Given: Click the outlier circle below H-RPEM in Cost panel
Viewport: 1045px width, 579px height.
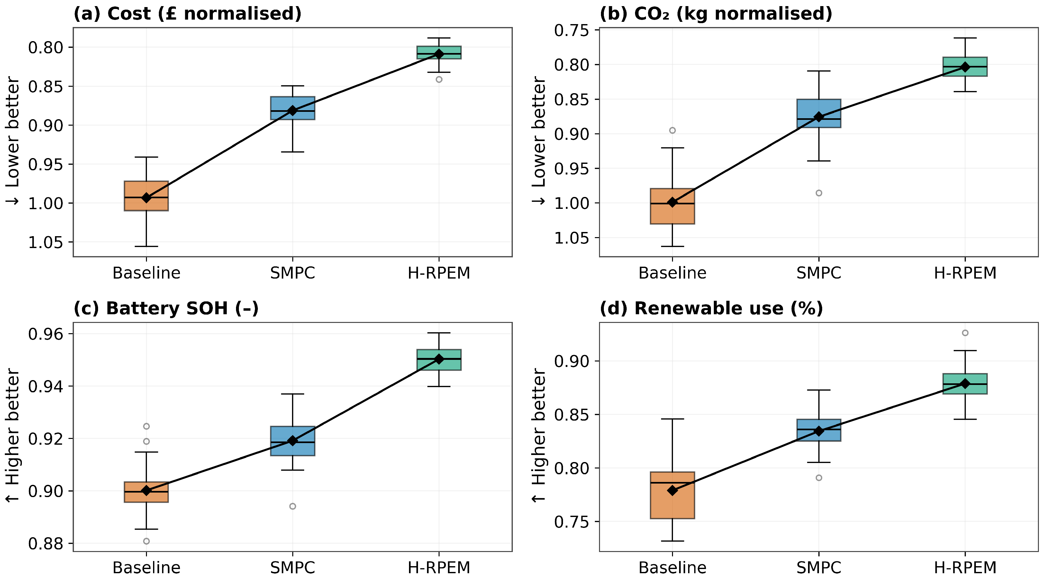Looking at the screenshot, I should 439,79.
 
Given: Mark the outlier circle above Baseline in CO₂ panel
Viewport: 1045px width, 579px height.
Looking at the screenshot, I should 672,130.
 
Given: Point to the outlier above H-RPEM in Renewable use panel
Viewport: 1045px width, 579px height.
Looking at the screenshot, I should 965,333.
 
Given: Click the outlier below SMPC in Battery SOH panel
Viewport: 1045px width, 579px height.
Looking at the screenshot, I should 293,506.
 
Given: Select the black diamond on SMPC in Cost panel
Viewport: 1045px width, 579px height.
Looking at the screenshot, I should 293,110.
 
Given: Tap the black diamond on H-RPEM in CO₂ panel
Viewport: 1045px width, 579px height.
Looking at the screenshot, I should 965,67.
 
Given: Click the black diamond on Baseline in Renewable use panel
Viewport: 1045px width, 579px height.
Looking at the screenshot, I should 672,490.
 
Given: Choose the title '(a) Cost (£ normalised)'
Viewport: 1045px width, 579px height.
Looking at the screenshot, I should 187,14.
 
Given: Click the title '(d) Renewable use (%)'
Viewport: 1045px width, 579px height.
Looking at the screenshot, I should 711,308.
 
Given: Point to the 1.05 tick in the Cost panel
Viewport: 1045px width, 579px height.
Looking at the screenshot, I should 46,243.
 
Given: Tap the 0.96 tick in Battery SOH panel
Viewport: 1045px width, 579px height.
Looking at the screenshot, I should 46,334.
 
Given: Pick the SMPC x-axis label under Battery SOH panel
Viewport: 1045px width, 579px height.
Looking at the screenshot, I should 293,567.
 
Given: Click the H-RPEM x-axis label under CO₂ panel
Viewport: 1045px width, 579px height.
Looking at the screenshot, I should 965,273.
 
